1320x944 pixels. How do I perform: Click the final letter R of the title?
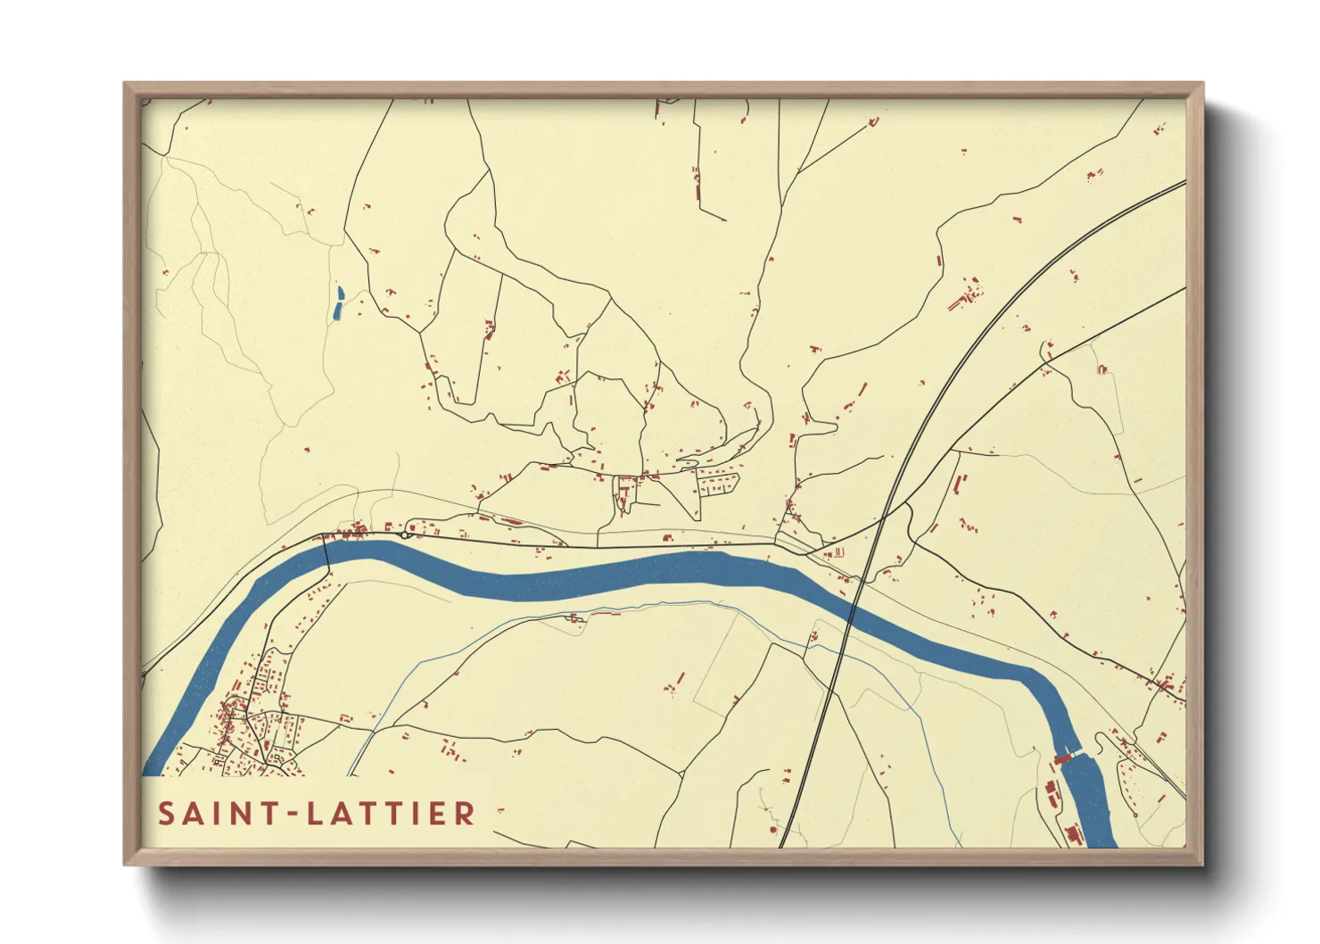(465, 814)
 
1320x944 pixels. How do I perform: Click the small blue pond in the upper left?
(338, 304)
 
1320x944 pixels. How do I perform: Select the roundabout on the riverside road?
(406, 534)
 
